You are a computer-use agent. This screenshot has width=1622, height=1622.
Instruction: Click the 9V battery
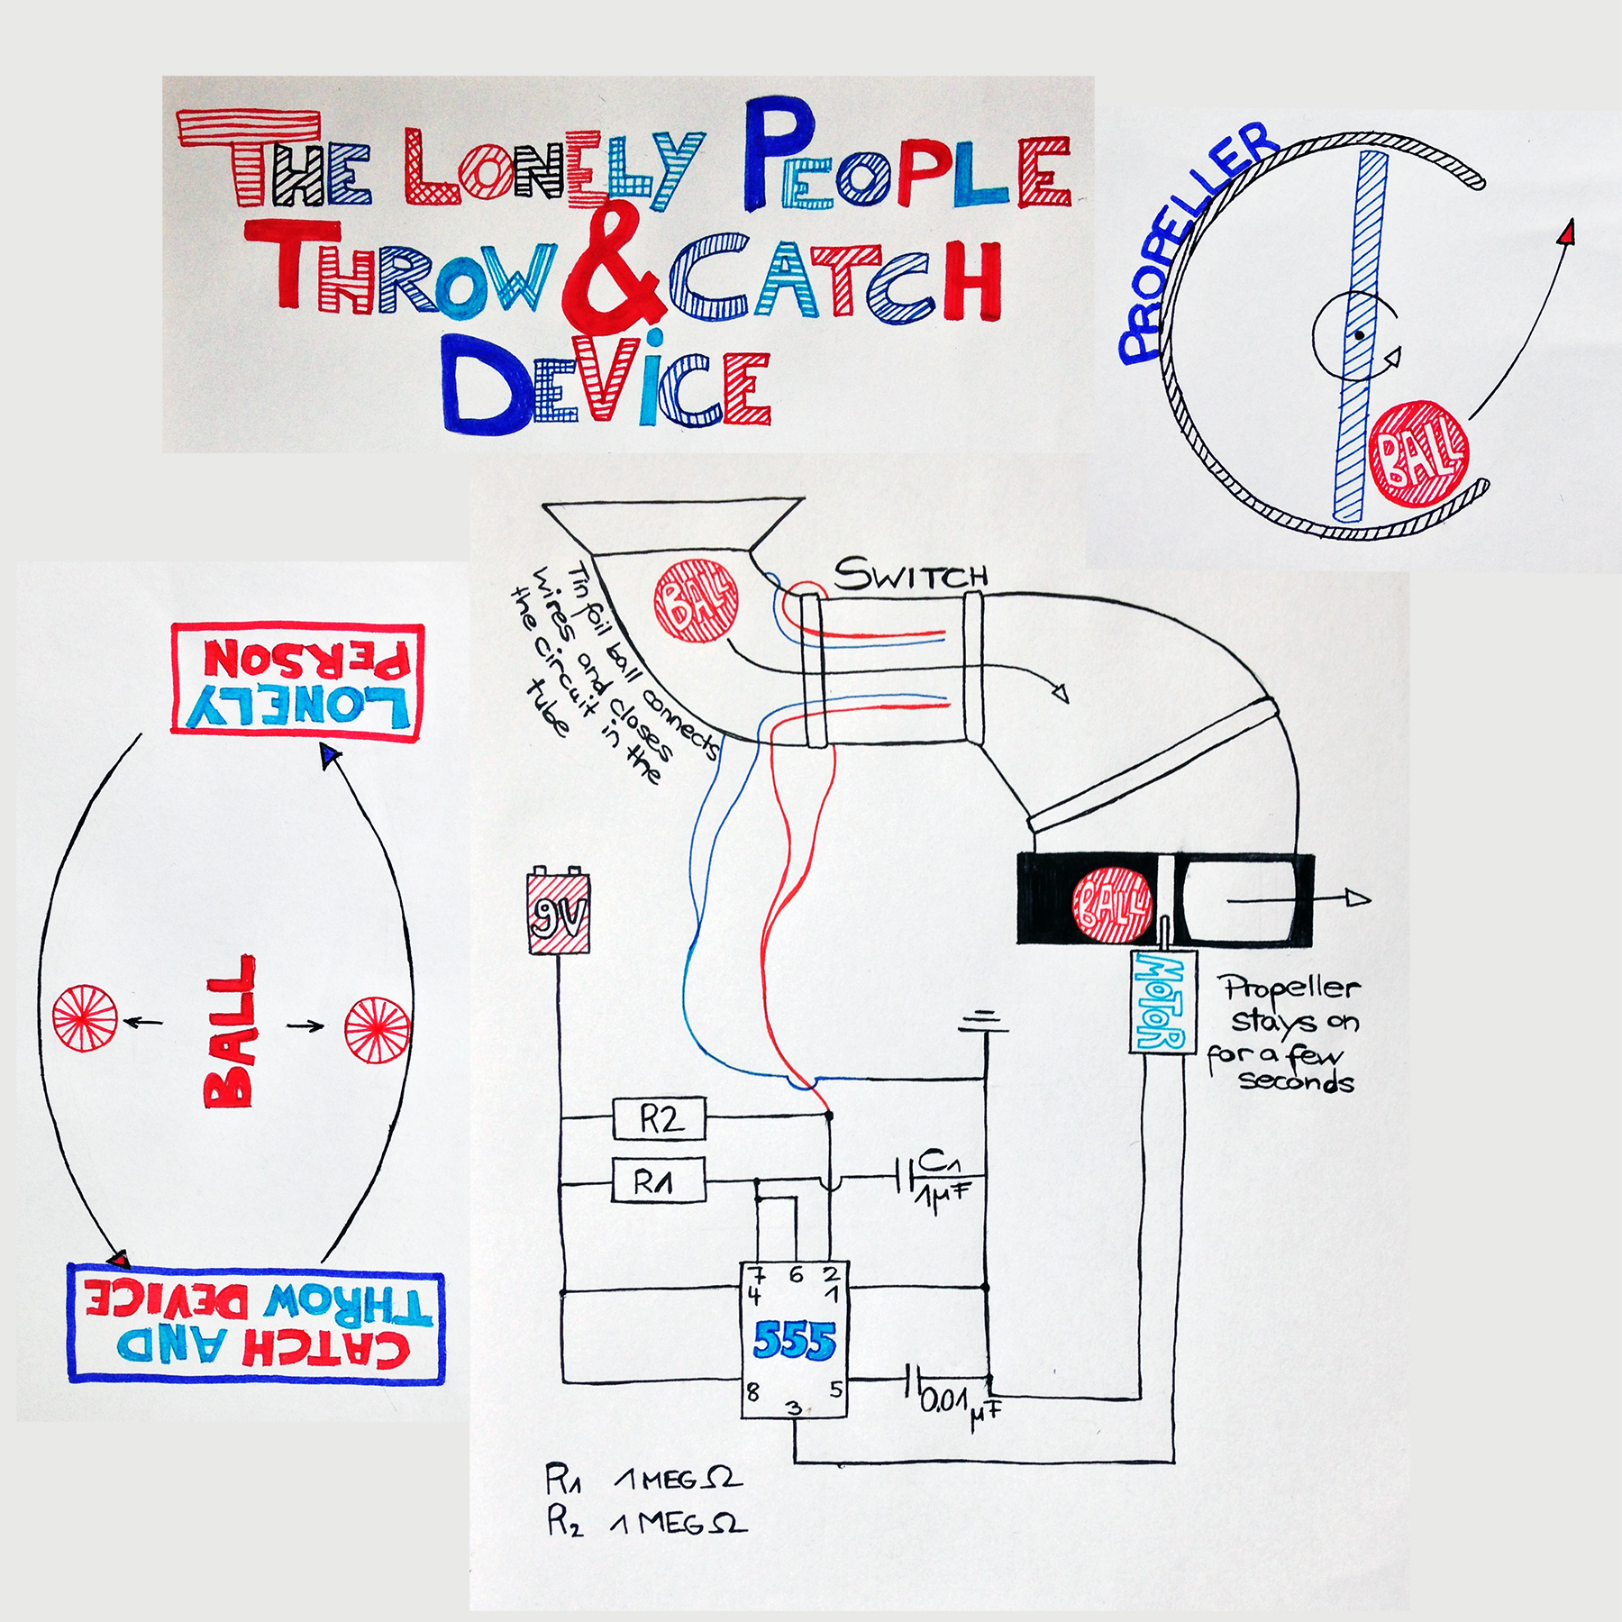click(x=559, y=911)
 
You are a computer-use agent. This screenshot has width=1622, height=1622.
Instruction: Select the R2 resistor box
click(x=659, y=1119)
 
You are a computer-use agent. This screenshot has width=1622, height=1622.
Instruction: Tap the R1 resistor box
click(x=658, y=1180)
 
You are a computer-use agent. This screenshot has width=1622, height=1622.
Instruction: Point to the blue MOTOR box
click(x=1162, y=1001)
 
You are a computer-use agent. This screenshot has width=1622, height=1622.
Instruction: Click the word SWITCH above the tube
click(x=910, y=575)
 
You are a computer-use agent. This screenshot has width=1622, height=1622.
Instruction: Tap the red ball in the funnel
click(x=696, y=602)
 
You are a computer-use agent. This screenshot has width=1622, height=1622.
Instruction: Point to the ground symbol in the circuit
click(x=984, y=1023)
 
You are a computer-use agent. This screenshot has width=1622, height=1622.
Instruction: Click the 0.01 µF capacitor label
click(x=957, y=1402)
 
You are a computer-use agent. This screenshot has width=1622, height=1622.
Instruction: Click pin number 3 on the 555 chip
click(x=794, y=1408)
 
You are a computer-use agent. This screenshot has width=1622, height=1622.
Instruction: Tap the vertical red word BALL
click(x=231, y=1032)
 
